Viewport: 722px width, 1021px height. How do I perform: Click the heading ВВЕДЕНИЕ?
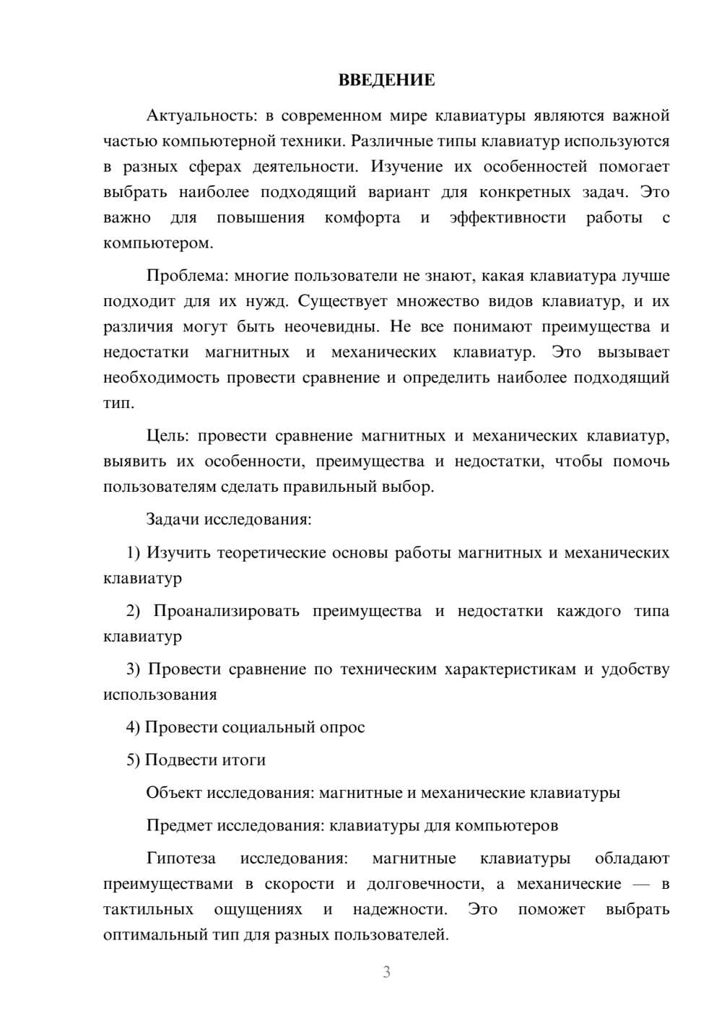[386, 80]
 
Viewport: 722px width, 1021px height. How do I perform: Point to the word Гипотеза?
[180, 859]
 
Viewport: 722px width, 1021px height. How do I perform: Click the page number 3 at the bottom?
[387, 972]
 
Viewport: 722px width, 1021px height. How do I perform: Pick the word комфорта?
[362, 217]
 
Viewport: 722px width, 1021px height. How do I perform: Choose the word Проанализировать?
[226, 611]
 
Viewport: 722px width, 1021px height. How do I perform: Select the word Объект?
[174, 793]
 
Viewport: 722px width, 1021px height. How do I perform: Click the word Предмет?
[178, 825]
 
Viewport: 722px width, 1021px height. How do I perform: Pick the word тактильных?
[148, 909]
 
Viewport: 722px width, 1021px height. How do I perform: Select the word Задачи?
[173, 519]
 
